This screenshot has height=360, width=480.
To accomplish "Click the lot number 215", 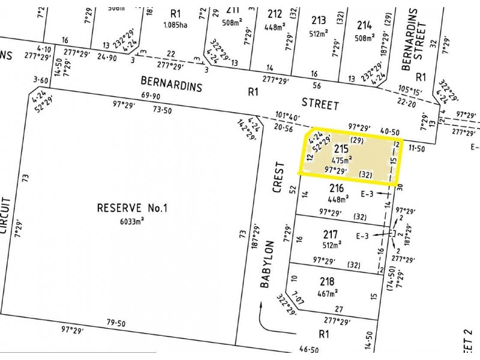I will (341, 149).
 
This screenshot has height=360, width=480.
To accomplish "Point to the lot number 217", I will (331, 234).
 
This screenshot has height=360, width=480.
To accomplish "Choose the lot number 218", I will (327, 282).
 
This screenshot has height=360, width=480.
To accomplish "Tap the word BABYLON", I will (267, 265).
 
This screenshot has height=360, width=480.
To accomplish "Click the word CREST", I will (278, 178).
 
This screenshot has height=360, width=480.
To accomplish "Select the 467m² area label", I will (327, 293).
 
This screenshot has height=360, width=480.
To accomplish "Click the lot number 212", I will (275, 14).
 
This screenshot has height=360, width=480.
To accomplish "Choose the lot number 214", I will (364, 25).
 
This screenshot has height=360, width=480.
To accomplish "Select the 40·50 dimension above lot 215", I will (390, 131).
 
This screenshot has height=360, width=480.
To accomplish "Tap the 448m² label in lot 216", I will (337, 199).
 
